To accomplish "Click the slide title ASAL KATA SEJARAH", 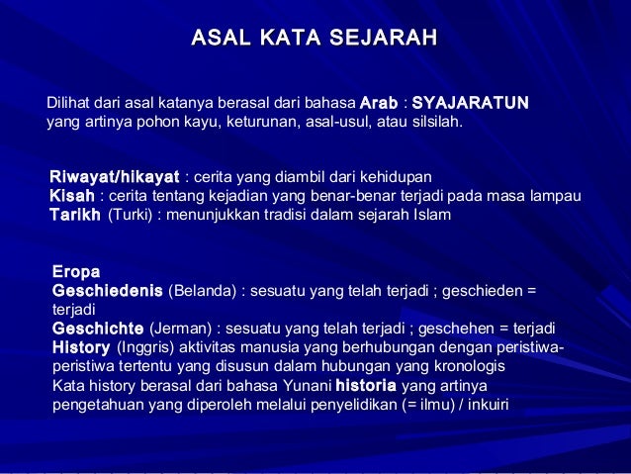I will tap(315, 39).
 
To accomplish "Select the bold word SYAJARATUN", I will tap(471, 103).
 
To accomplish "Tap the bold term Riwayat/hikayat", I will tap(115, 178).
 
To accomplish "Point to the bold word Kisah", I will tap(71, 196).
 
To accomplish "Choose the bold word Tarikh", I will tap(75, 214).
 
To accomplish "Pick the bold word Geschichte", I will tap(98, 329).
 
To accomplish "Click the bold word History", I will tap(81, 347).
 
